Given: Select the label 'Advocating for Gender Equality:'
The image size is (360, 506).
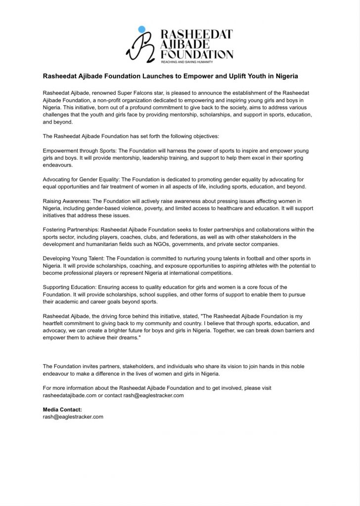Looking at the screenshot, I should click(x=82, y=179).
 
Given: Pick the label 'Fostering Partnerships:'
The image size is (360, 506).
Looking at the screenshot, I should click(x=71, y=230).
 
